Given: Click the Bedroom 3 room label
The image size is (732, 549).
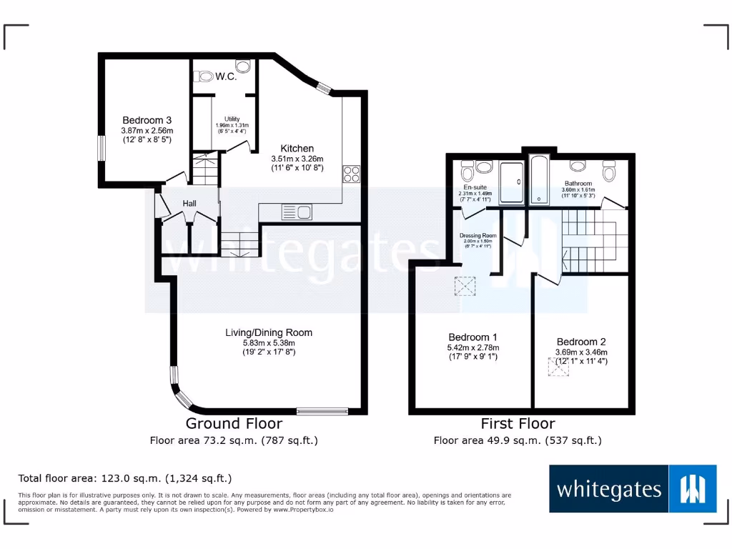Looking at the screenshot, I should click(x=147, y=120).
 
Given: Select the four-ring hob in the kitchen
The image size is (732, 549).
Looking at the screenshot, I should click(x=351, y=174).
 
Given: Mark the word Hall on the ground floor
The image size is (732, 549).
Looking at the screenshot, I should click(x=189, y=204).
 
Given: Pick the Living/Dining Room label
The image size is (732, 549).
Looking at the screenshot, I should click(x=269, y=332).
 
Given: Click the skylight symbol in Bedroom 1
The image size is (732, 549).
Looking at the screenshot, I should click(x=466, y=287).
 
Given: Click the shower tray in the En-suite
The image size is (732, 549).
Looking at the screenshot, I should click(x=510, y=182).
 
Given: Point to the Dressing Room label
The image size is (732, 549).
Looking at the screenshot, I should click(x=478, y=235).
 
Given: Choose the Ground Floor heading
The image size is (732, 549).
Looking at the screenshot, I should click(x=234, y=423).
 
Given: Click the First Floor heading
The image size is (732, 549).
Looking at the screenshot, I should click(x=518, y=423).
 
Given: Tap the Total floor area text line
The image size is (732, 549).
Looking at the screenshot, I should click(x=125, y=478).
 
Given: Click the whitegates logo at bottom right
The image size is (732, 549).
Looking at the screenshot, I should click(x=633, y=489).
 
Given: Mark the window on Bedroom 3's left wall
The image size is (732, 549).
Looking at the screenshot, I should click(x=101, y=148).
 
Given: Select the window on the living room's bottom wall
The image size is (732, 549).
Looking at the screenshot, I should click(x=322, y=411).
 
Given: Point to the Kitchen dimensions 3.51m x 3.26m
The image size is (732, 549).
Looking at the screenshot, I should click(x=297, y=159).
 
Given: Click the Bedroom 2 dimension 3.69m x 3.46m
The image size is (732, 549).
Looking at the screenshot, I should click(x=581, y=352).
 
